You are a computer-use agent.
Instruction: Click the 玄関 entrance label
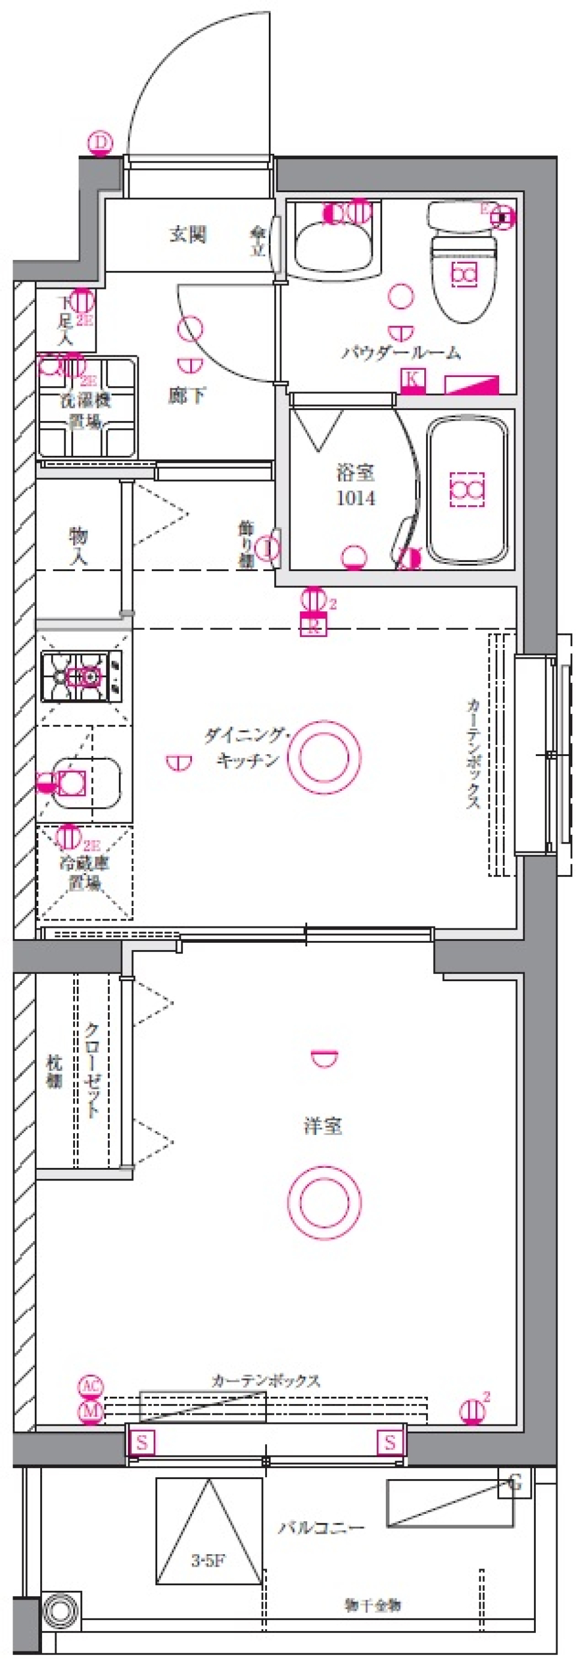(188, 234)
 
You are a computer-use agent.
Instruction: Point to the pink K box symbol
(413, 379)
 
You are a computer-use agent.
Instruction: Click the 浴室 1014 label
(355, 485)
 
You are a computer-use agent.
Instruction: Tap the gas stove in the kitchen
(82, 676)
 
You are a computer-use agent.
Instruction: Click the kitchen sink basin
(86, 783)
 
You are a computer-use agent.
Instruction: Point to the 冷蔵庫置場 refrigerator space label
(85, 872)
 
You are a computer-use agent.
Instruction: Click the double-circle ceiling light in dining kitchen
(323, 757)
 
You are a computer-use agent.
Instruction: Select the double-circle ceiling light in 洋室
(323, 1202)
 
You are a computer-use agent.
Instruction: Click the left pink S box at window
(142, 1442)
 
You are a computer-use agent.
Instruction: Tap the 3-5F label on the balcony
(208, 1560)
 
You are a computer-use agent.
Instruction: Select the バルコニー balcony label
(321, 1527)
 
